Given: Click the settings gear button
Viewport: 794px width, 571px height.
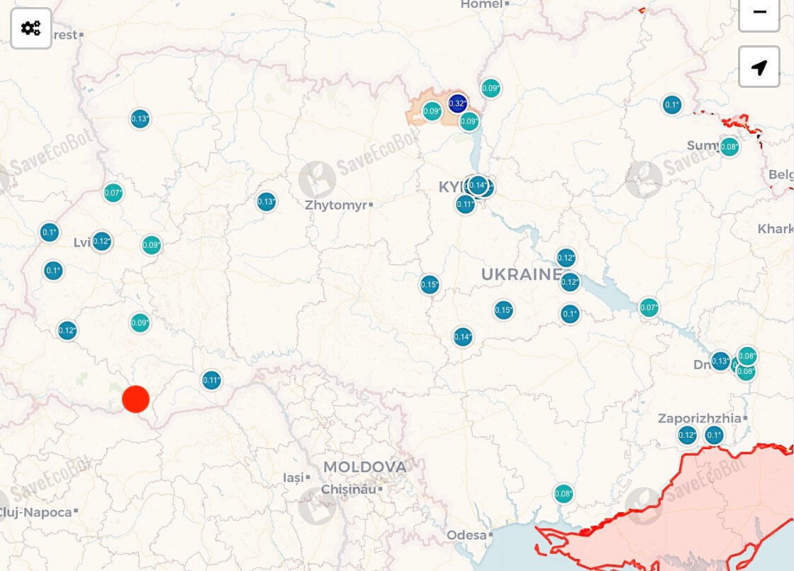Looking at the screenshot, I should click(31, 28).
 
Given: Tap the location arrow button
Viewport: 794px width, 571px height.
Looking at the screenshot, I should click(759, 67).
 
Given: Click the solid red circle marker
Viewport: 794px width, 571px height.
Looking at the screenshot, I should click(135, 399).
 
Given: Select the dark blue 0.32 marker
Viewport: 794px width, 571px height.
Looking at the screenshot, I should click(457, 103).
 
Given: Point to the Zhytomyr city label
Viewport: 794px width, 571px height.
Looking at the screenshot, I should click(337, 205).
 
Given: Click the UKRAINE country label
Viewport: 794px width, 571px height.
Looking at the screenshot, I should click(521, 274).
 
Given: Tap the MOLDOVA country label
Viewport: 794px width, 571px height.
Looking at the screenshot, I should click(365, 467).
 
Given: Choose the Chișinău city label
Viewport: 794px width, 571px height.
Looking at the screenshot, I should click(349, 489).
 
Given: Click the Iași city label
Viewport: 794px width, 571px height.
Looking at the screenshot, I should click(293, 478).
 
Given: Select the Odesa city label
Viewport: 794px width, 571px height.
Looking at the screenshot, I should click(466, 535).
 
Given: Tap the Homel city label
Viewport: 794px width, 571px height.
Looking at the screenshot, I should click(481, 4).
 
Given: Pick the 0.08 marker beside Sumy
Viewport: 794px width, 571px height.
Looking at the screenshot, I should click(729, 147).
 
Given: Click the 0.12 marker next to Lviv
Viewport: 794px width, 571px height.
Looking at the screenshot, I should click(101, 242).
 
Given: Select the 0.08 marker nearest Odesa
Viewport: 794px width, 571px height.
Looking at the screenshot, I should click(563, 494).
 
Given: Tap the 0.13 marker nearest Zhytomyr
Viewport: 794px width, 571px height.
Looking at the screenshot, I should click(266, 202).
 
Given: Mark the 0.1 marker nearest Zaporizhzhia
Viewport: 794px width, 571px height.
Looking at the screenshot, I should click(713, 435).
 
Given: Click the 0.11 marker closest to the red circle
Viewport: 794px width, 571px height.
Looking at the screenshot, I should click(211, 380).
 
